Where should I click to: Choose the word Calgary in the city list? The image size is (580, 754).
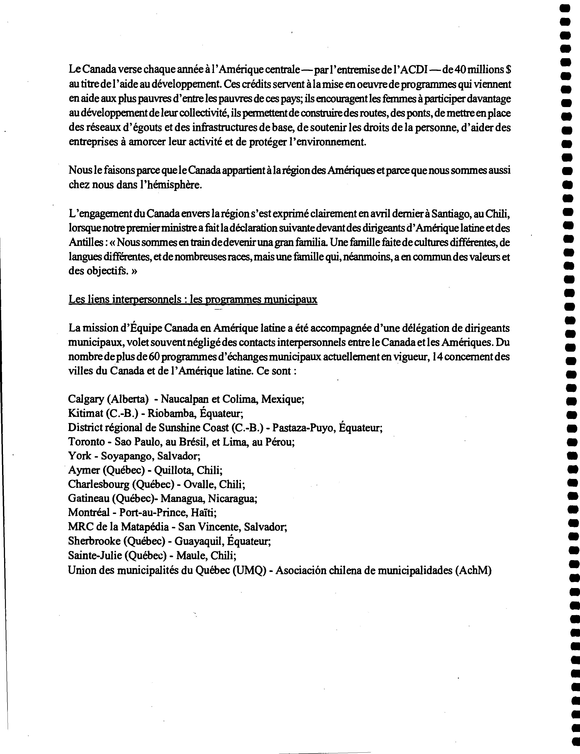86,399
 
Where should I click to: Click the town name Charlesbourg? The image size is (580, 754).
98,485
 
